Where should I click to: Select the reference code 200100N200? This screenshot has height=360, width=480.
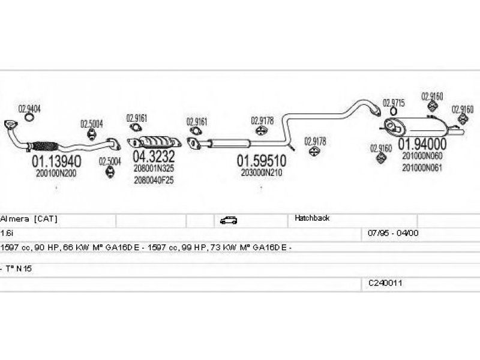point(56,173)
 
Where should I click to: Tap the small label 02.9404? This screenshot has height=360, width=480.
point(29,109)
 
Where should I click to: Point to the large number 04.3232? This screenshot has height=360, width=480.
point(154,157)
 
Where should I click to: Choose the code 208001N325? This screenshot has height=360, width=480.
point(154,169)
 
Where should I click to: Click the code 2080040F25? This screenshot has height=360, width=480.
point(154,180)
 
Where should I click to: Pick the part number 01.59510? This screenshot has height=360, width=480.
point(261,161)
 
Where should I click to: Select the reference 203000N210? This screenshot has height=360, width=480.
point(261,172)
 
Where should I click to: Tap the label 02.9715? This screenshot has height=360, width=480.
point(394,103)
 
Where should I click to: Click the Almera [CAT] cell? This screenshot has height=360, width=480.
point(29,219)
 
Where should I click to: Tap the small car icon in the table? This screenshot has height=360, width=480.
point(229,220)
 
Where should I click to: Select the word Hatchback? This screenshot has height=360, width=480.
point(312,218)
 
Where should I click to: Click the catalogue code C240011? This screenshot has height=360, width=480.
point(385,282)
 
